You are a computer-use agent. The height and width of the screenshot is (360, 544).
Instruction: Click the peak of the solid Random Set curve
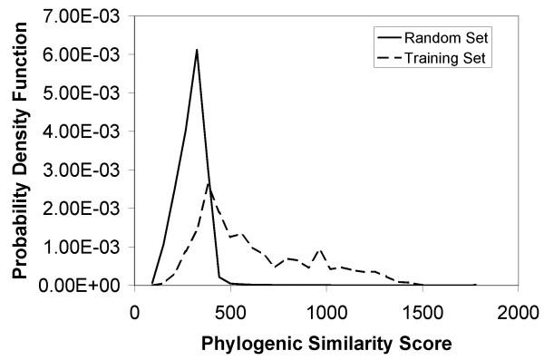tap(197, 50)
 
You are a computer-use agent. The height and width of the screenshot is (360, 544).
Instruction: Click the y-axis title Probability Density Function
tap(19, 150)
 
